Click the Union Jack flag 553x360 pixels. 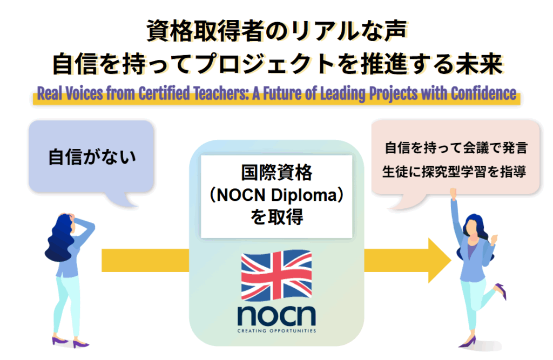pos(276,276)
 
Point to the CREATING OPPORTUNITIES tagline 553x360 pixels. pos(276,330)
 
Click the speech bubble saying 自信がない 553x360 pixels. pos(91,157)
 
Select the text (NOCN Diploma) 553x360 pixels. pos(276,195)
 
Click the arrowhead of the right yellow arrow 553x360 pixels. pos(439,260)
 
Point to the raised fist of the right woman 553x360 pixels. pos(454,192)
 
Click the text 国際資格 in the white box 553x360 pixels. pos(276,174)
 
